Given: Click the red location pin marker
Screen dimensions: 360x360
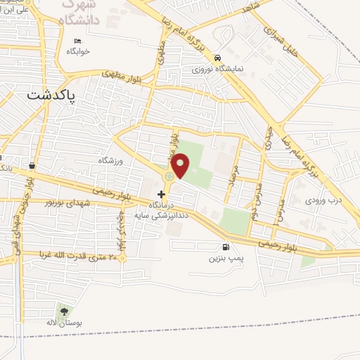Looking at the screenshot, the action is [181, 165].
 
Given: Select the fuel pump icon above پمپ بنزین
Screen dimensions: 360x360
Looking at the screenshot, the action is [225, 247].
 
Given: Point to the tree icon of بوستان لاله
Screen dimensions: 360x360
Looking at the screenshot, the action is [65, 311].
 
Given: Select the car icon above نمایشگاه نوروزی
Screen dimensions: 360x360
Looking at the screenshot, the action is [218, 58].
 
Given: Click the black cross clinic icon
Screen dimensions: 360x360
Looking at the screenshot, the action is [162, 193].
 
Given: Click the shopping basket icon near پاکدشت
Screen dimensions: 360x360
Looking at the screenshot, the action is [32, 166].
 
